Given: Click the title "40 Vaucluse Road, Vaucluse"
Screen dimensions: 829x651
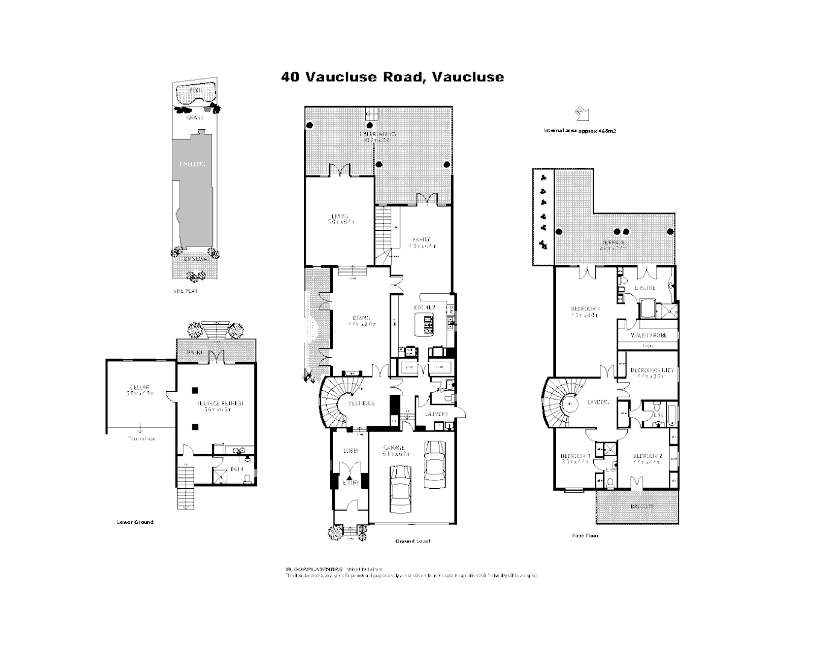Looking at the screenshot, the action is (392, 77).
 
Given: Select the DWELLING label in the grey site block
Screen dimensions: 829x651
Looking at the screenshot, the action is (192, 164).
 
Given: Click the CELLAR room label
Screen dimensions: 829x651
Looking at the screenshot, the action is (139, 387).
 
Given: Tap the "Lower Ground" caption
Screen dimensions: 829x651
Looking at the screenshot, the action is (135, 522).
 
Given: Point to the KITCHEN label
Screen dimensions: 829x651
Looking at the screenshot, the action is (424, 307).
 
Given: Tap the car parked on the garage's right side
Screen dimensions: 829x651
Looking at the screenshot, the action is (434, 464).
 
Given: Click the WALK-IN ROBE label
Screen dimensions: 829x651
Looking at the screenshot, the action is (649, 335).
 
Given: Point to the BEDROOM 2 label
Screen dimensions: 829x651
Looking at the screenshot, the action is (648, 456).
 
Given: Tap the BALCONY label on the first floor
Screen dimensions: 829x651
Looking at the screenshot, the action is (643, 506).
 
